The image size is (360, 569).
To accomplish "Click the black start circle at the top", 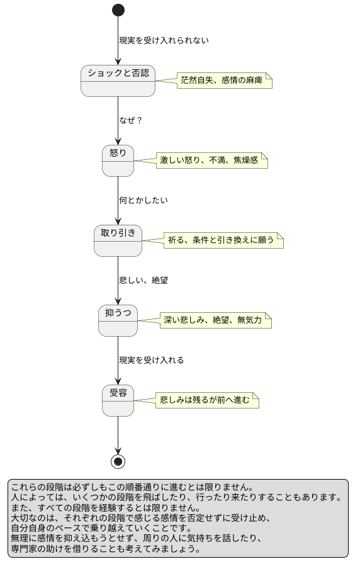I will (x=118, y=10).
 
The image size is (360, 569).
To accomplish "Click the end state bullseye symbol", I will (x=118, y=461).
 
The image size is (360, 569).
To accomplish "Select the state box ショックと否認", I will (x=118, y=81).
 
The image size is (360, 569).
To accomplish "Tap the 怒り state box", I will (x=118, y=161).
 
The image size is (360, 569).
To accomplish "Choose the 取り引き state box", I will (x=118, y=240).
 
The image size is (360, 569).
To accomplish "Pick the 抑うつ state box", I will (x=118, y=320).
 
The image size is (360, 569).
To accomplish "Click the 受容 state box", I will (x=118, y=400).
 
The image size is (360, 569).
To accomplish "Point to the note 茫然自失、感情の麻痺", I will (x=224, y=81).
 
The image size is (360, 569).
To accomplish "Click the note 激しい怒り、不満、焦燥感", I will (x=211, y=161).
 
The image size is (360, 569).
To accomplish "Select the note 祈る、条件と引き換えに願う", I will (x=223, y=240).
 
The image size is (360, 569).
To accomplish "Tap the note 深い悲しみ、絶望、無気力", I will (x=215, y=320).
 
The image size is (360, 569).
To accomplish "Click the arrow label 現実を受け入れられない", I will (x=164, y=40).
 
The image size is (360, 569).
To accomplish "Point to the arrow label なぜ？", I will (x=130, y=120).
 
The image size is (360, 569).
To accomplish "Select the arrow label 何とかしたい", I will (x=143, y=200).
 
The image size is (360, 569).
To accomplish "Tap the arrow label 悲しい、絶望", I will (x=143, y=280).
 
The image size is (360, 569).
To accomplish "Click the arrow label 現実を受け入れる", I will (x=151, y=360).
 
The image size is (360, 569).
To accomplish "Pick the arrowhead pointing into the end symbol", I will (x=118, y=450).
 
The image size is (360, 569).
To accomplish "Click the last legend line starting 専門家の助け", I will (x=105, y=548).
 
